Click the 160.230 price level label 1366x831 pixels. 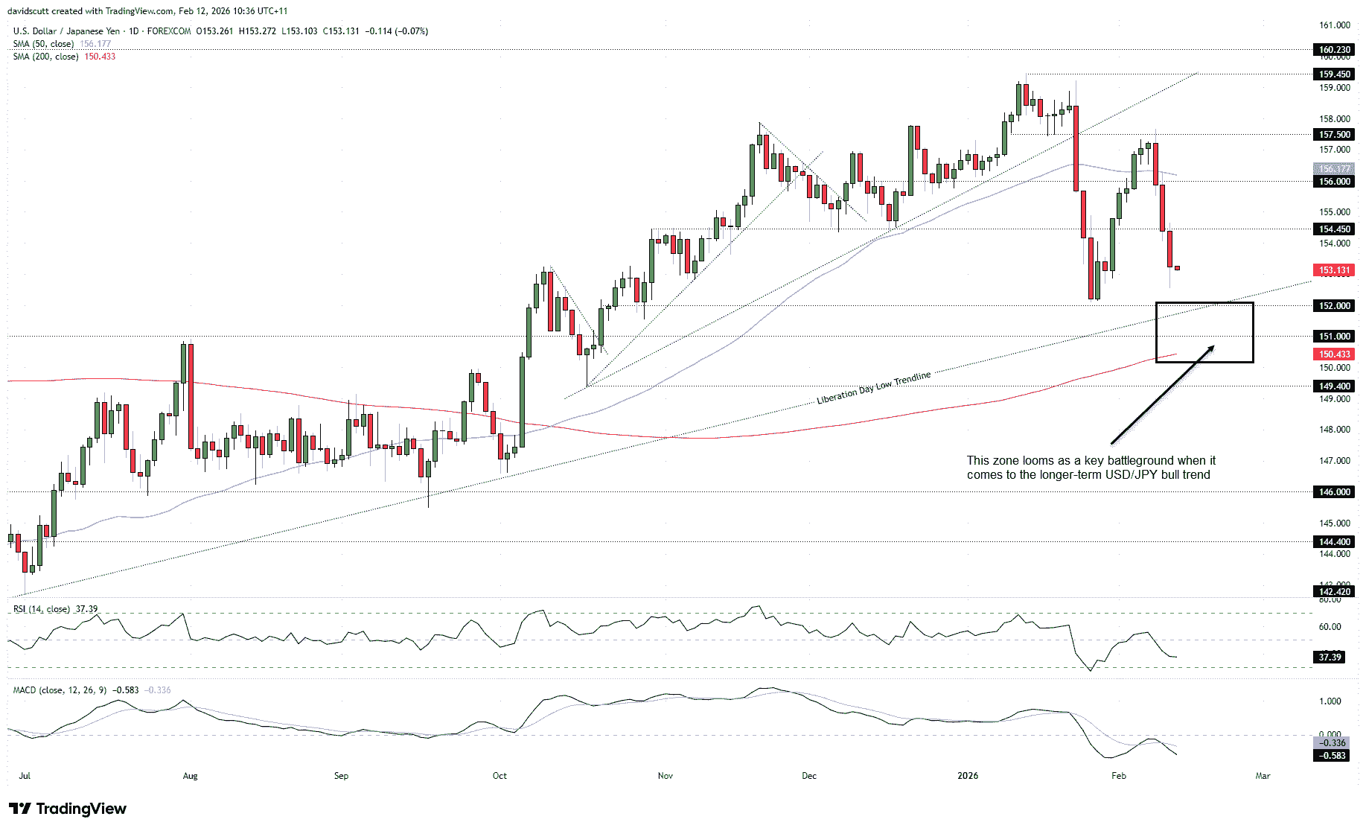point(1334,50)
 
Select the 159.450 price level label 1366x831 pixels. point(1334,74)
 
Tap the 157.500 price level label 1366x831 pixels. point(1334,135)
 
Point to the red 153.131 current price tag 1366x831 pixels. point(1334,270)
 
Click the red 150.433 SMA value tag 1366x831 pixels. point(1334,354)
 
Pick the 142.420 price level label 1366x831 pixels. point(1334,592)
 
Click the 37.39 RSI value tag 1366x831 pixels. point(1330,657)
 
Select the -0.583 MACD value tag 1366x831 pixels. point(1332,755)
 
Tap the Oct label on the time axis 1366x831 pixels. point(500,776)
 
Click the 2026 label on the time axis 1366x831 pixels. point(967,776)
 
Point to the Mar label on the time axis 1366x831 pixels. point(1263,776)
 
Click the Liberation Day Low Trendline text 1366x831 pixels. point(873,388)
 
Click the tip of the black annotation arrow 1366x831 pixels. point(1214,346)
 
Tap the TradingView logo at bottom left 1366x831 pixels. point(68,809)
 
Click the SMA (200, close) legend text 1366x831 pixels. point(45,57)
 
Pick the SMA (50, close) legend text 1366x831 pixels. point(43,44)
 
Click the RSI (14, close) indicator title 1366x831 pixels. point(42,609)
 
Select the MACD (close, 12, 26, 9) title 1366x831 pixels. point(60,690)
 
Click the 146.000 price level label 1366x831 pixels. point(1334,491)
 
